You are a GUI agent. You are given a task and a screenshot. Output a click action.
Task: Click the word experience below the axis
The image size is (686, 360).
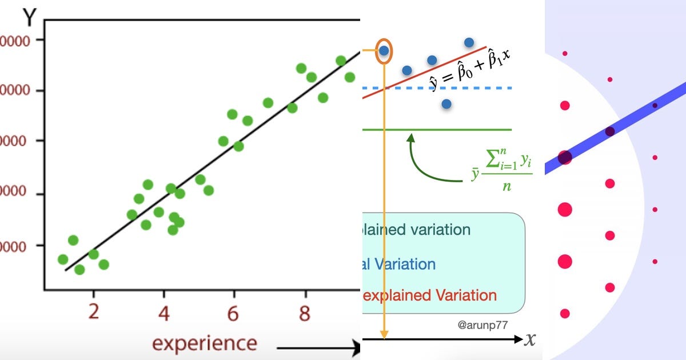(204, 343)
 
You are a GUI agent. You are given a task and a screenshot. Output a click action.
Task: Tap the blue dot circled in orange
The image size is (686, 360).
(384, 51)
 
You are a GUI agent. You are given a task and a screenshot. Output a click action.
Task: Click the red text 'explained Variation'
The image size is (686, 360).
(429, 295)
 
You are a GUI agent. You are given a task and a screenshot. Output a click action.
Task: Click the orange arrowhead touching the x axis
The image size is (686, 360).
(384, 334)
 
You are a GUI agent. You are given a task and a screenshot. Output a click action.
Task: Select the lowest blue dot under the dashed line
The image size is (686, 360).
(446, 104)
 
